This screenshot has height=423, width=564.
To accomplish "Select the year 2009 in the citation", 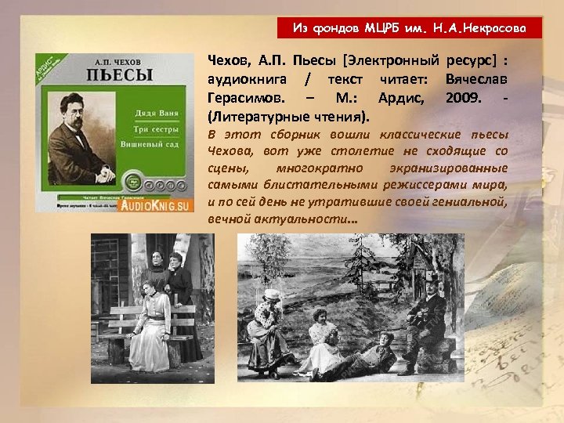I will (x=461, y=99).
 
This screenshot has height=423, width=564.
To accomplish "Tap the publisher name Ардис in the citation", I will (x=401, y=99).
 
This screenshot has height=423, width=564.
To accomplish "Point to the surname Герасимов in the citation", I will (x=244, y=99).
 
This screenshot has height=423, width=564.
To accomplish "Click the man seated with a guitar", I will (x=428, y=316).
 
